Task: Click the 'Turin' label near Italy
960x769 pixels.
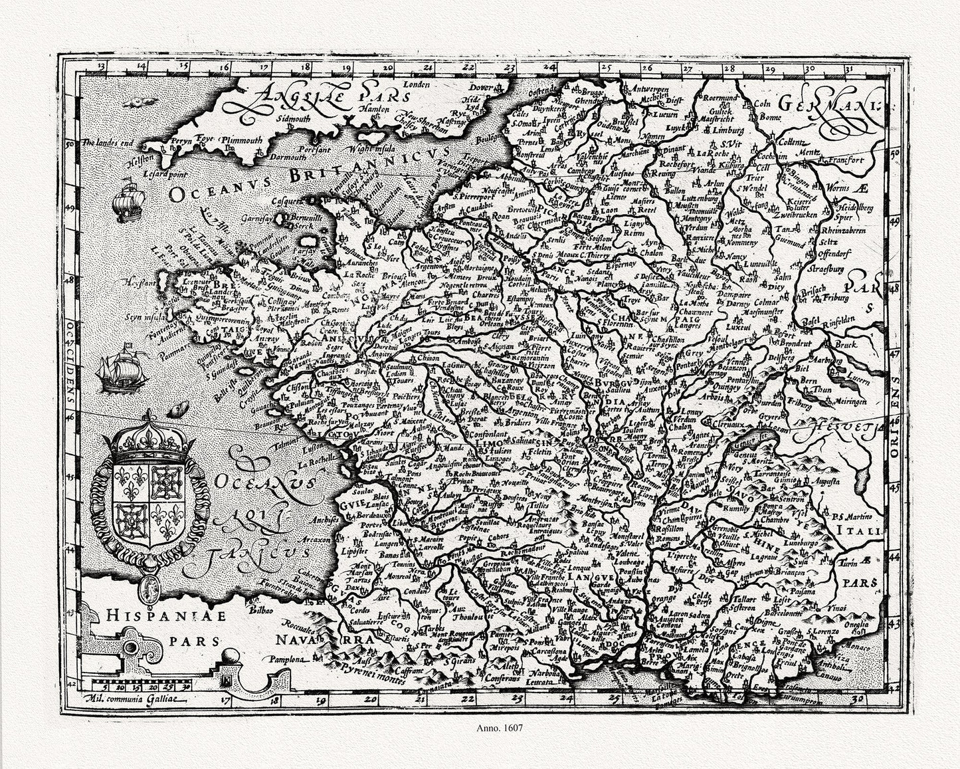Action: pyautogui.click(x=852, y=563)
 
